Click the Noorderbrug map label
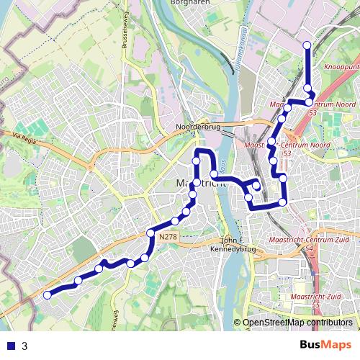tap(197, 129)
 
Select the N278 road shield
tap(168, 236)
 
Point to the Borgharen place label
tap(189, 3)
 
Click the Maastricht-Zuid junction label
tap(315, 297)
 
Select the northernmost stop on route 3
tap(307, 45)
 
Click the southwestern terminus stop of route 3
tap(48, 294)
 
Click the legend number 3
tap(24, 346)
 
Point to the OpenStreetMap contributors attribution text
tap(297, 323)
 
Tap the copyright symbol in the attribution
tap(238, 323)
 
